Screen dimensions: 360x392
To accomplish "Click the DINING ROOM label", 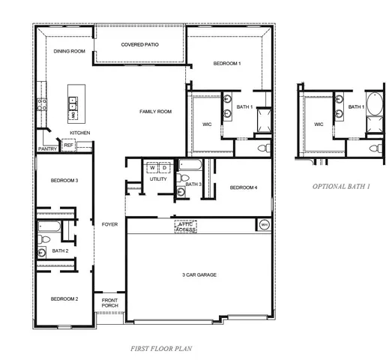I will pos(69,51).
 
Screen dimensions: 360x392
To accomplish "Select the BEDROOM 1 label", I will pos(227,64).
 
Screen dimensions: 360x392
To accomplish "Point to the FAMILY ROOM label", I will pos(155,112).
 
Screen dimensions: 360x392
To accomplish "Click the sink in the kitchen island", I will pos(73,115).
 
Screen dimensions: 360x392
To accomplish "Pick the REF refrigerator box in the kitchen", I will pos(68,145).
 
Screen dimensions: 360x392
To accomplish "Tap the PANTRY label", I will pos(47,149).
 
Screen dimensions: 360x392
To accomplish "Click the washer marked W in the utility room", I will pos(152,167).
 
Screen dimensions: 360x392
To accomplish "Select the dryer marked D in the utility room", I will pos(164,167).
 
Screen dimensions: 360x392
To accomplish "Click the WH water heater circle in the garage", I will pos(264,224).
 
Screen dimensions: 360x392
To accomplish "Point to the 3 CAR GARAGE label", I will pos(199,275).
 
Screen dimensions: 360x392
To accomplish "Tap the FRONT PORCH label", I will pos(110,303).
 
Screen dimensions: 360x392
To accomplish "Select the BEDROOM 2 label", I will pos(64,298).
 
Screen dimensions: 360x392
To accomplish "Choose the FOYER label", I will pos(109,224).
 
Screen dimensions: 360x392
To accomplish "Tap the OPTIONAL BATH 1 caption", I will pos(341,185).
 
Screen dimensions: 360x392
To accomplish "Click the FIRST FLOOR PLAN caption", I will pos(161,349).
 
